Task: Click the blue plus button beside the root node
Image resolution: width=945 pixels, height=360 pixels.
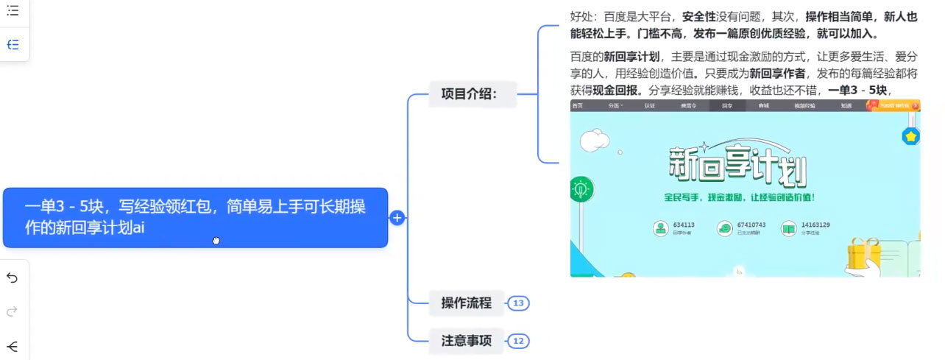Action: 397,218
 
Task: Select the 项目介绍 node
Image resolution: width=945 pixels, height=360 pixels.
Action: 469,93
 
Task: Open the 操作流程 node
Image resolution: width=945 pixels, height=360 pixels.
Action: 467,303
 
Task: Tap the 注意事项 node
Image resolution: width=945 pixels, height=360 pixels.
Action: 467,341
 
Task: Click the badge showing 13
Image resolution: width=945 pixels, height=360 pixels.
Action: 518,303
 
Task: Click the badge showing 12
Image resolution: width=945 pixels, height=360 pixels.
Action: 518,341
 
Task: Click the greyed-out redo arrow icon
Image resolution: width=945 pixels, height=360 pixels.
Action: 13,312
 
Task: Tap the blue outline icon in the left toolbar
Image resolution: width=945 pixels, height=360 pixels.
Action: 13,45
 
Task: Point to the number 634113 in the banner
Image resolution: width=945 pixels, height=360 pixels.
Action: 684,225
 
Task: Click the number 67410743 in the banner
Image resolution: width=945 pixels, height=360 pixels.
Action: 751,225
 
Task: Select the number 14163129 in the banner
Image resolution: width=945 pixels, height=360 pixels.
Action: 815,225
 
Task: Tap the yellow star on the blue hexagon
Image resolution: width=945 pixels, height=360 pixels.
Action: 911,136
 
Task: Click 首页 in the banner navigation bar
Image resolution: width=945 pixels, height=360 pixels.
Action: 577,106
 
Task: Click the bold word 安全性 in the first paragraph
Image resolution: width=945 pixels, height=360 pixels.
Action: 699,15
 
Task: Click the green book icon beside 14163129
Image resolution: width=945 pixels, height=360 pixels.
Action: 789,228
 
